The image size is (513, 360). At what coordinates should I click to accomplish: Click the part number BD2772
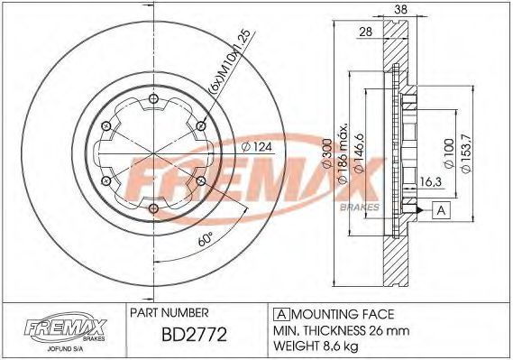pyautogui.click(x=195, y=334)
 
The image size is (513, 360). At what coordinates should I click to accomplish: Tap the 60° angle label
pyautogui.click(x=206, y=239)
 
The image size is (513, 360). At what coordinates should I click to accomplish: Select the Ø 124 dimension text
pyautogui.click(x=257, y=147)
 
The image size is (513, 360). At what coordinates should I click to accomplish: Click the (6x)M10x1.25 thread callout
pyautogui.click(x=229, y=60)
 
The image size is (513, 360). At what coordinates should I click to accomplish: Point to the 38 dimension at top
pyautogui.click(x=401, y=9)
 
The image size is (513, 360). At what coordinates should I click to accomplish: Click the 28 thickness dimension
pyautogui.click(x=366, y=32)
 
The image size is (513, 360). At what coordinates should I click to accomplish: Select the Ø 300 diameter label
pyautogui.click(x=327, y=153)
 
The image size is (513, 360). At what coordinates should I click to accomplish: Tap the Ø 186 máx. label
pyautogui.click(x=343, y=153)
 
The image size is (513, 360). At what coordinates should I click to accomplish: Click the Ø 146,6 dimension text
pyautogui.click(x=359, y=153)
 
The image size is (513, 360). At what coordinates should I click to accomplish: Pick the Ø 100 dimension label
pyautogui.click(x=449, y=153)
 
